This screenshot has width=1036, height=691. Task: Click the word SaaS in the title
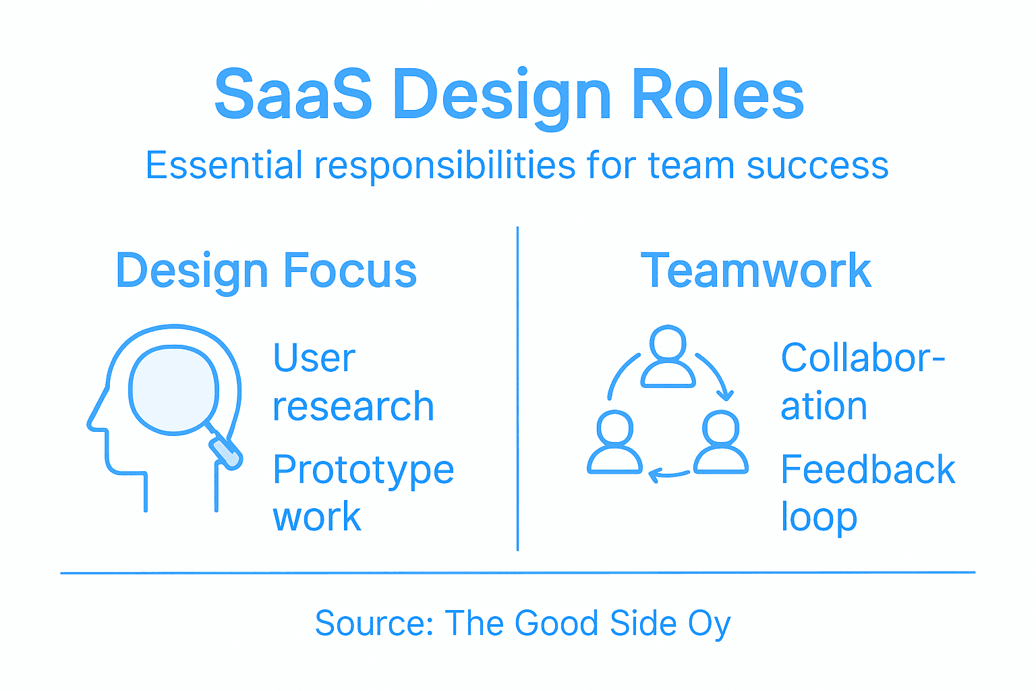pyautogui.click(x=293, y=94)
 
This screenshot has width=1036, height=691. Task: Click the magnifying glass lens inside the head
pyautogui.click(x=173, y=389)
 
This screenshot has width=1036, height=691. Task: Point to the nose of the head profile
pyautogui.click(x=94, y=422)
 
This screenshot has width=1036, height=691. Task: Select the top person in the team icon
pyautogui.click(x=668, y=358)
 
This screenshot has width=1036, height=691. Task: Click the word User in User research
pyautogui.click(x=314, y=358)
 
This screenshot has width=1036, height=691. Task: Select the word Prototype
pyautogui.click(x=363, y=470)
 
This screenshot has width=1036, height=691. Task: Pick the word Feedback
pyautogui.click(x=867, y=470)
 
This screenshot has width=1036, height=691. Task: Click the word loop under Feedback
pyautogui.click(x=818, y=518)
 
